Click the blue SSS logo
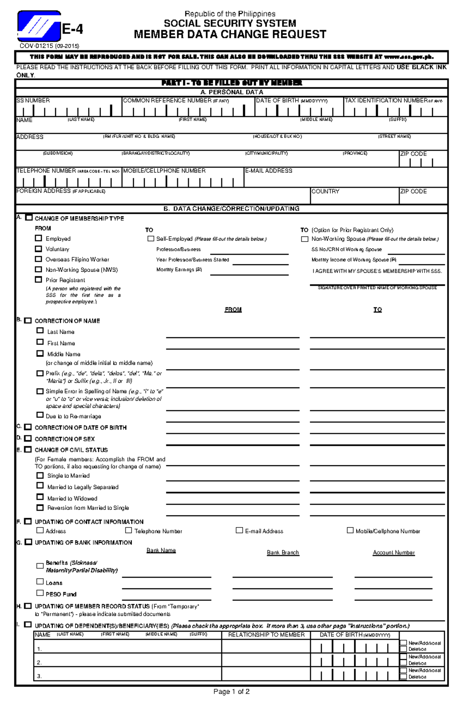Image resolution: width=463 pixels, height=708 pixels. pyautogui.click(x=39, y=26)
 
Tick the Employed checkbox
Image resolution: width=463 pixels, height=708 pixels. pyautogui.click(x=38, y=238)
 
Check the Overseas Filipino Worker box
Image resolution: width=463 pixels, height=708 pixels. pyautogui.click(x=38, y=259)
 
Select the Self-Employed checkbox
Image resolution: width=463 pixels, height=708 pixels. pyautogui.click(x=151, y=239)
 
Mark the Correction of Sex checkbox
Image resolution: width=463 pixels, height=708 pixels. pyautogui.click(x=28, y=438)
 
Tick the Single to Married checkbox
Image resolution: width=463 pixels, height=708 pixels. pyautogui.click(x=40, y=475)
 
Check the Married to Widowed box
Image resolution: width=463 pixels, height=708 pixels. pyautogui.click(x=40, y=497)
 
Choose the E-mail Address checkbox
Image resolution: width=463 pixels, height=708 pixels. pyautogui.click(x=239, y=531)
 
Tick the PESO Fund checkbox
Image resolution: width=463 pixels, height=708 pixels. pyautogui.click(x=40, y=593)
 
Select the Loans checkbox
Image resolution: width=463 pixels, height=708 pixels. pyautogui.click(x=40, y=581)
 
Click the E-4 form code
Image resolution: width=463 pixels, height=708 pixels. pyautogui.click(x=73, y=29)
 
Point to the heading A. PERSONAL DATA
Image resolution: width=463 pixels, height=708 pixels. pyautogui.click(x=232, y=92)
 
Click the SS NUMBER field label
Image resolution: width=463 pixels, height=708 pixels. pyautogui.click(x=33, y=100)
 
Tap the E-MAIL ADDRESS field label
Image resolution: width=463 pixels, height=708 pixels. pyautogui.click(x=269, y=171)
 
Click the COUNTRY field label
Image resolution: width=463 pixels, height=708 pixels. pyautogui.click(x=325, y=191)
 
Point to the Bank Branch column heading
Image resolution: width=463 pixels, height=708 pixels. pyautogui.click(x=283, y=553)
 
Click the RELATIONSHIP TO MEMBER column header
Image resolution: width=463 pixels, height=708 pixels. pyautogui.click(x=266, y=635)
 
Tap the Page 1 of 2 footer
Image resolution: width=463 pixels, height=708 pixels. pyautogui.click(x=231, y=692)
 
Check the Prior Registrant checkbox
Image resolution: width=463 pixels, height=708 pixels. pyautogui.click(x=38, y=280)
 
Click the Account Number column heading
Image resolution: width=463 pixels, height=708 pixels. pyautogui.click(x=394, y=553)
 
